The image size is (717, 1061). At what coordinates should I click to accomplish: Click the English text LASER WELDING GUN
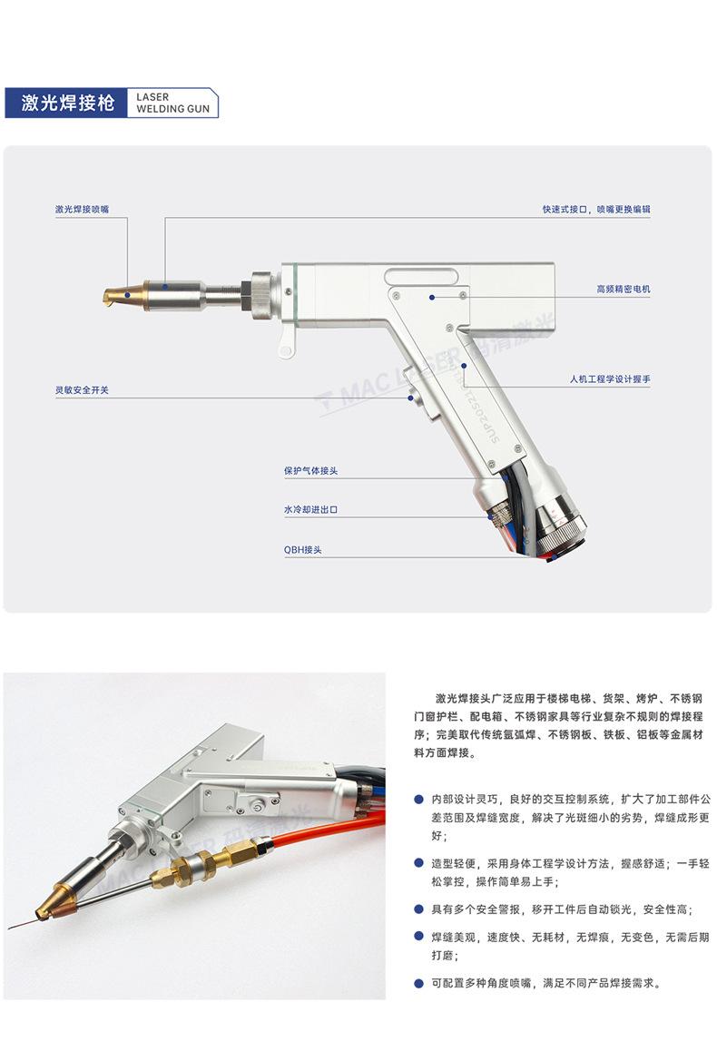[172, 103]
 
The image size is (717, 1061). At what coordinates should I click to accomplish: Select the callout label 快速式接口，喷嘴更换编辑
[596, 209]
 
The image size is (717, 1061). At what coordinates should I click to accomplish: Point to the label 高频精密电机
[623, 289]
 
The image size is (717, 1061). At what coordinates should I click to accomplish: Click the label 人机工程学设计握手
[610, 378]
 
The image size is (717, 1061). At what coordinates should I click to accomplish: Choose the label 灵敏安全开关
[82, 390]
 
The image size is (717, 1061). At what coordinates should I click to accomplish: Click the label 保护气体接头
[310, 471]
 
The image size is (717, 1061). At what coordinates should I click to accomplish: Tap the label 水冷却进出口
[310, 510]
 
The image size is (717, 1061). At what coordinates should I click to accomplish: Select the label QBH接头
[302, 550]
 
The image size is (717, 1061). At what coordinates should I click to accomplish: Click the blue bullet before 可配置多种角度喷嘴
[418, 983]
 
